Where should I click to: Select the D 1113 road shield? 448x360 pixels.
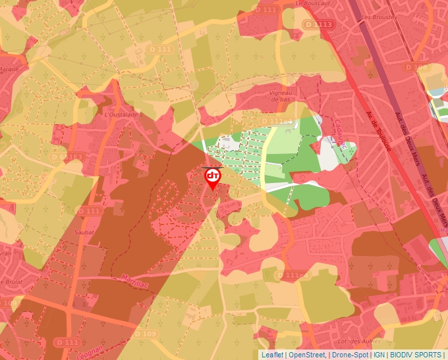click(319, 24)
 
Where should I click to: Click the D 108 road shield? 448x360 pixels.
click(416, 67)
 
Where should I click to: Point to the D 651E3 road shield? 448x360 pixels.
click(66, 157)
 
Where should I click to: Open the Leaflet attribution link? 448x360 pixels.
click(272, 355)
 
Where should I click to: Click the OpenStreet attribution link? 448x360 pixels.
click(307, 355)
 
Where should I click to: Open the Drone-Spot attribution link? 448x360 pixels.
click(349, 355)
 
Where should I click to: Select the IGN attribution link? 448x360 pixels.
click(379, 355)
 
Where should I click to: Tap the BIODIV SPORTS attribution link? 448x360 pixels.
click(416, 355)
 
